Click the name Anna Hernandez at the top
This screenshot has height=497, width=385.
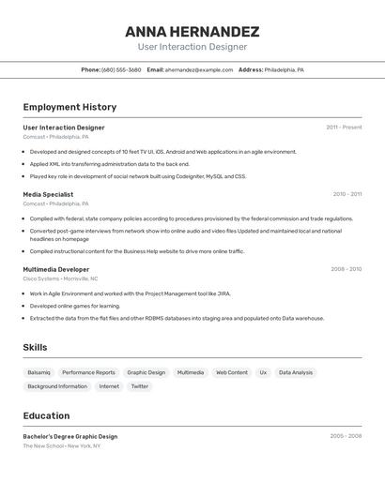point(192,32)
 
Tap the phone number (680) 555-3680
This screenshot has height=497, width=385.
point(121,69)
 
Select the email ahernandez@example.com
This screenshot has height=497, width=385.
point(199,69)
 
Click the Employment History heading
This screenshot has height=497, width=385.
point(69,107)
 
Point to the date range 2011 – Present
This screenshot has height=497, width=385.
point(344,128)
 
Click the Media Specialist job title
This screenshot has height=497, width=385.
point(48,194)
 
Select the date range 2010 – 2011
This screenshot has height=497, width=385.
point(346,194)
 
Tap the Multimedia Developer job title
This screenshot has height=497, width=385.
point(56,269)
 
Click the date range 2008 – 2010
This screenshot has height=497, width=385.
point(346,269)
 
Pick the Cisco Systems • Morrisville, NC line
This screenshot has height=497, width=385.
point(60,279)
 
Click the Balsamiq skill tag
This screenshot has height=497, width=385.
point(39,372)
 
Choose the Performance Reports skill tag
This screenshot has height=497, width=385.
point(88,372)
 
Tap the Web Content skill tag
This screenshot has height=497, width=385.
point(232,372)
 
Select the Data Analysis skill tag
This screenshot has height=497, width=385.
point(296,372)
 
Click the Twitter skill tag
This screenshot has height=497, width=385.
point(139,386)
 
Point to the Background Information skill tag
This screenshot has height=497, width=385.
point(57,386)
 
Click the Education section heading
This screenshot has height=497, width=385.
point(46,415)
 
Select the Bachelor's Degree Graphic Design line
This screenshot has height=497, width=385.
point(70,436)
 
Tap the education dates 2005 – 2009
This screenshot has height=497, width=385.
point(346,436)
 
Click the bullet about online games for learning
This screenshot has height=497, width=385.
point(75,306)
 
